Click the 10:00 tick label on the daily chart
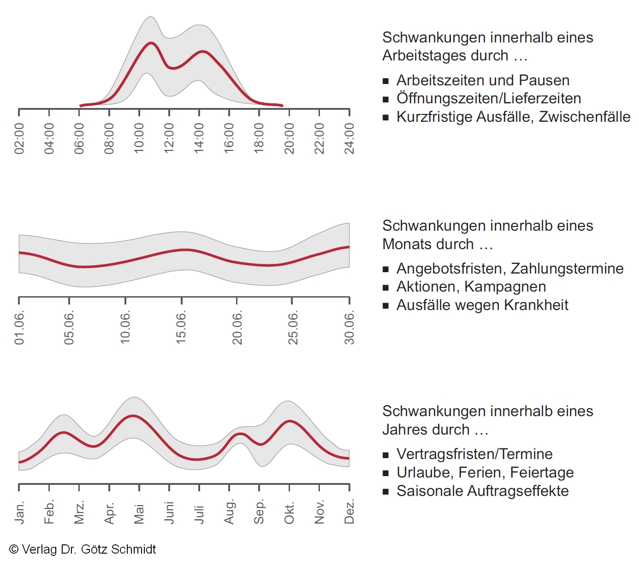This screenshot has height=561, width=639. click(x=139, y=138)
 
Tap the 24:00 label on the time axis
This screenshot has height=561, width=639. click(x=349, y=138)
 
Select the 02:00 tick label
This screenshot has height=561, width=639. click(x=19, y=138)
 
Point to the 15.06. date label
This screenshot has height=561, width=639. click(x=181, y=327)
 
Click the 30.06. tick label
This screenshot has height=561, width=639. click(x=349, y=327)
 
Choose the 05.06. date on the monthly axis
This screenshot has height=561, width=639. click(x=69, y=327)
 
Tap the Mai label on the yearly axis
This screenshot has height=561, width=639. click(x=139, y=513)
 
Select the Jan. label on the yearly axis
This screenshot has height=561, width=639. click(x=19, y=512)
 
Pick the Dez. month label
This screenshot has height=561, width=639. click(x=349, y=512)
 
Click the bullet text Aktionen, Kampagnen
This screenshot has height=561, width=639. click(x=471, y=286)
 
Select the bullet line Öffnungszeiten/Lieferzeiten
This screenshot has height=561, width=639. click(x=489, y=98)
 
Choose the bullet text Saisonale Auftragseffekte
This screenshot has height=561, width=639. click(x=482, y=491)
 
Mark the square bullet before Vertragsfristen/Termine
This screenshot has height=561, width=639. click(x=386, y=455)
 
